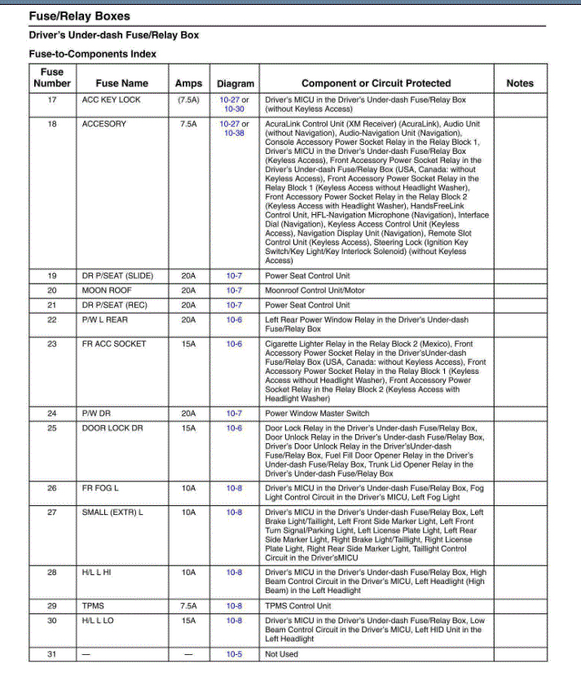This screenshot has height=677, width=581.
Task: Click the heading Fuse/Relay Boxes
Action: [x=79, y=15]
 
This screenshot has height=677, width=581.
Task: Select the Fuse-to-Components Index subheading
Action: [x=93, y=54]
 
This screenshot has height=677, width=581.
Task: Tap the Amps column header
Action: [x=188, y=83]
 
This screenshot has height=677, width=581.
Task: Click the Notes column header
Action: [x=520, y=83]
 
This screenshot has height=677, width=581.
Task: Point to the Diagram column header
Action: [x=235, y=83]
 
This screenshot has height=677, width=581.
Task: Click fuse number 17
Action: [x=52, y=100]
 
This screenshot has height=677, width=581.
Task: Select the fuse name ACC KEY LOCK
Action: [x=112, y=100]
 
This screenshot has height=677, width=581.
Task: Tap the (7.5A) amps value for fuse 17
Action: [x=188, y=100]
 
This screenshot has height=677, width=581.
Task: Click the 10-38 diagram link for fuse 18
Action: [x=235, y=133]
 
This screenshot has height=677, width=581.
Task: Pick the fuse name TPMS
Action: [x=93, y=606]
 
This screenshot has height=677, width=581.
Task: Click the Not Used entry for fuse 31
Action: [x=282, y=654]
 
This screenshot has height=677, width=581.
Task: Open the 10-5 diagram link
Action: [x=235, y=654]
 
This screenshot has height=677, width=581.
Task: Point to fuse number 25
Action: [x=52, y=428]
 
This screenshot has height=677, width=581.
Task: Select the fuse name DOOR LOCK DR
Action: [x=112, y=428]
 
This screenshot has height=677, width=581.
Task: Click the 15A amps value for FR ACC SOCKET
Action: [x=188, y=344]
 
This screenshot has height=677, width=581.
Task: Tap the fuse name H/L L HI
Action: [x=97, y=573]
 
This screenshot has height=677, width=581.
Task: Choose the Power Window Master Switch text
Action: [x=317, y=413]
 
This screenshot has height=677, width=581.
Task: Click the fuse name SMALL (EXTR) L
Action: [x=112, y=512]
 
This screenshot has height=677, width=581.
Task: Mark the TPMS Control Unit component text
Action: [x=298, y=606]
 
